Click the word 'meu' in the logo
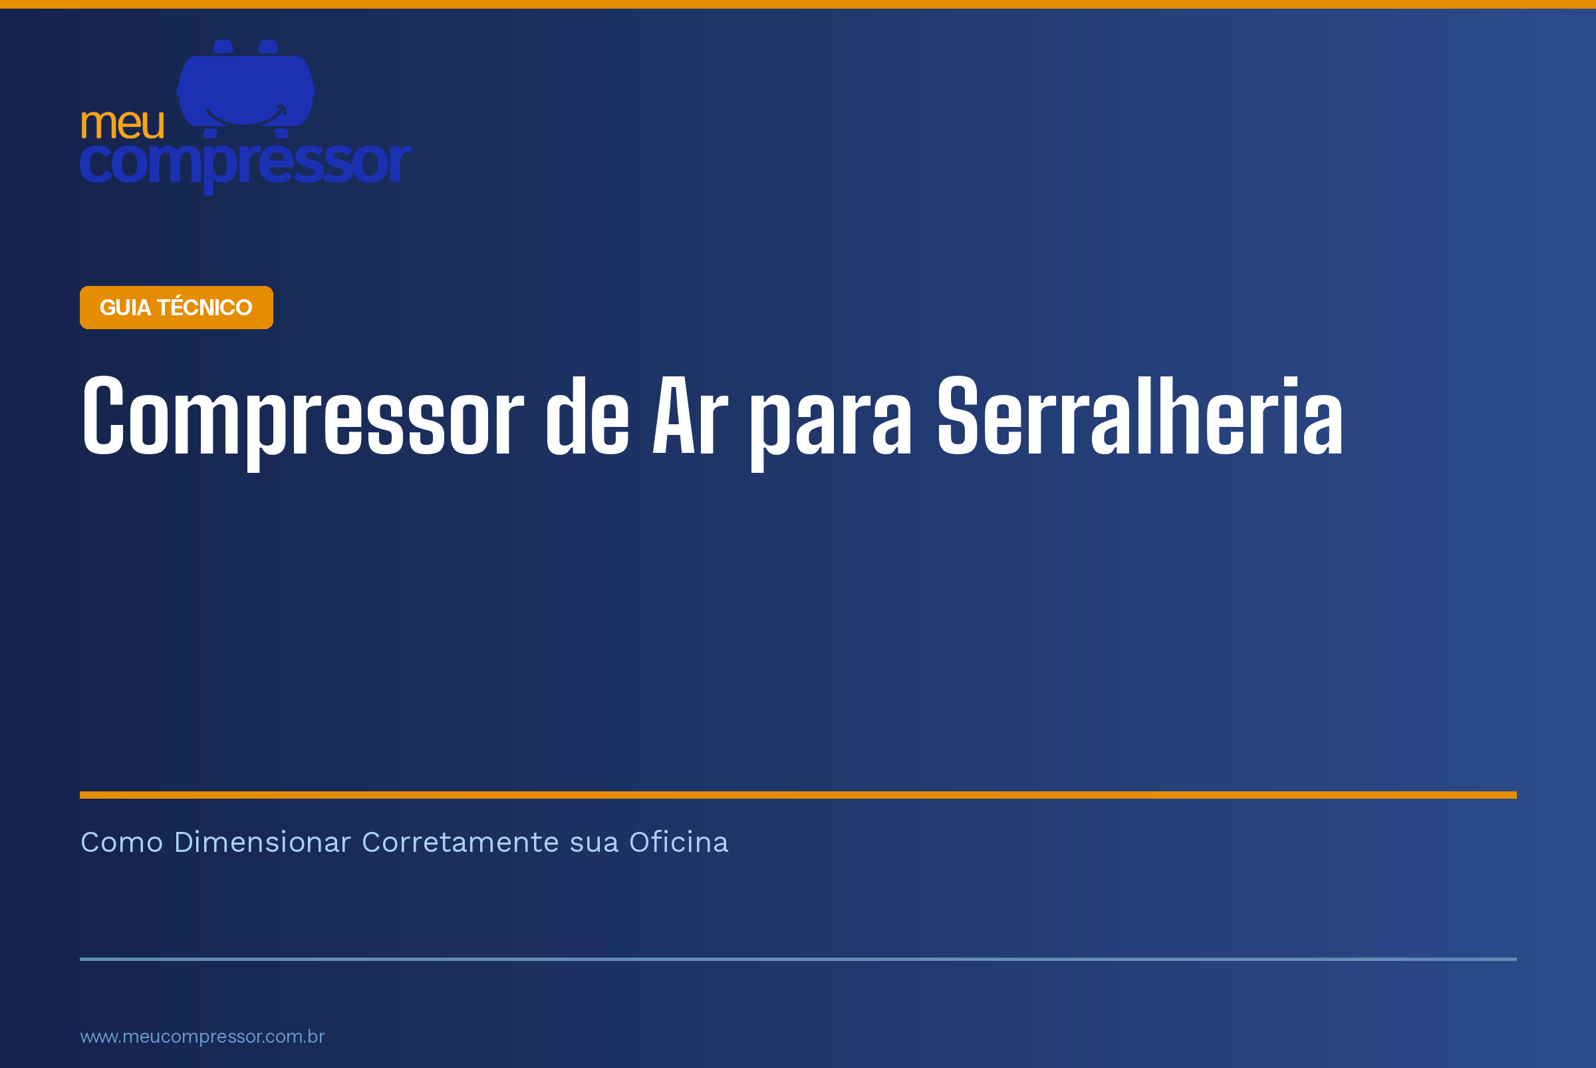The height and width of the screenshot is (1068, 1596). pos(122,124)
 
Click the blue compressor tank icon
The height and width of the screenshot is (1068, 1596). pos(246,88)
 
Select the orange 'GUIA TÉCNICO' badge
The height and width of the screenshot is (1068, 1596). pos(176,307)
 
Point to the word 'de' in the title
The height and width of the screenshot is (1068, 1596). pos(588,416)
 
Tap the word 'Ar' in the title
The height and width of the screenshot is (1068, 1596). pos(690,416)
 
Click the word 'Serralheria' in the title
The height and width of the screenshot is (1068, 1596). pos(1140,416)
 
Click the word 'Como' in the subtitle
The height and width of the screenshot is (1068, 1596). pos(122,843)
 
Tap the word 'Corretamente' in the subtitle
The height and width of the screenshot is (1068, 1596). pos(460,843)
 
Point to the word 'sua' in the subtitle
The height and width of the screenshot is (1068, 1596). pos(594,845)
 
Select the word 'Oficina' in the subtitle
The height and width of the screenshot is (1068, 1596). pos(678,843)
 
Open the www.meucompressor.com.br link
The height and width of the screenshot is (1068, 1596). pos(202,1037)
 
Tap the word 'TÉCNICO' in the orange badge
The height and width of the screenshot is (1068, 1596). pos(204,307)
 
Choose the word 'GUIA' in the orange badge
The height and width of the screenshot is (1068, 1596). pos(125,308)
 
